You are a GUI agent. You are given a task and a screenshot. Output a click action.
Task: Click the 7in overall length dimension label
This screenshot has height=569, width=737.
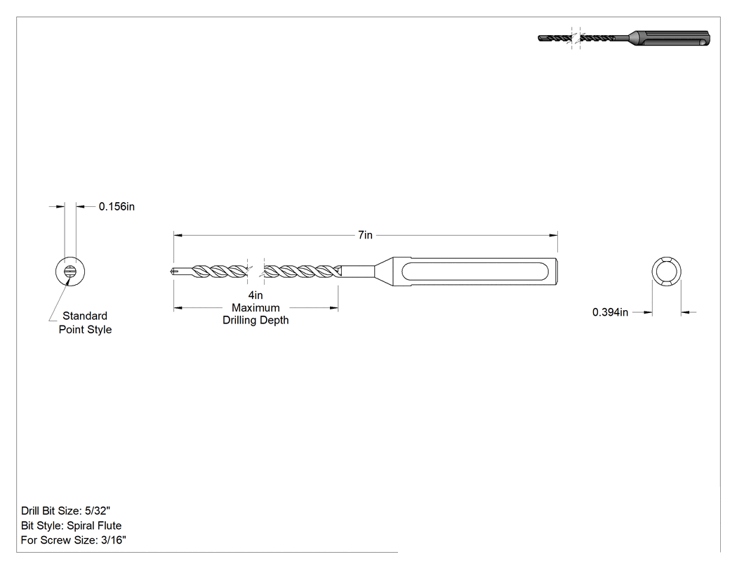click(x=365, y=235)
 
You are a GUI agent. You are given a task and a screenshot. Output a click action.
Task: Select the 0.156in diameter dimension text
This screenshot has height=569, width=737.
click(x=117, y=207)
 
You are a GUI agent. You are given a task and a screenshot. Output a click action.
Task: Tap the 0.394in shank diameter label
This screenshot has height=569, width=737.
click(x=610, y=312)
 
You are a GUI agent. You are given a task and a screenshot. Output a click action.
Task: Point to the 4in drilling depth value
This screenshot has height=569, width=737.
click(x=255, y=295)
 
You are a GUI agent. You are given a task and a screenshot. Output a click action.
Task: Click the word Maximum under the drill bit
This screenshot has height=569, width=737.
click(x=255, y=308)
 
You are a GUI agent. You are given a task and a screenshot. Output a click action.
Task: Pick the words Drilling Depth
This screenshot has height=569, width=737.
click(x=255, y=321)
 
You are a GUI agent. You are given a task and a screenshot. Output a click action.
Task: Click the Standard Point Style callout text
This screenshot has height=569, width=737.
click(x=85, y=322)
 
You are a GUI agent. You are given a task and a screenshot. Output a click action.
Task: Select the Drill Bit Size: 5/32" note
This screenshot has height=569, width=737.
click(x=66, y=511)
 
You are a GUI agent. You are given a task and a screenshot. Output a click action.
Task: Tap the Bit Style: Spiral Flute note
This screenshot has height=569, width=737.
click(x=72, y=526)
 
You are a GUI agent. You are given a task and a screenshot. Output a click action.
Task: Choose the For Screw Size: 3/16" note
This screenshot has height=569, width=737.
click(x=73, y=540)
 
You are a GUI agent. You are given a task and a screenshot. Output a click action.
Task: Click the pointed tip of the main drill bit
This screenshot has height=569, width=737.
click(x=170, y=272)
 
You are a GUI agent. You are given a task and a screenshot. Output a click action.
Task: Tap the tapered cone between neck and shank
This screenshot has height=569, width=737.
click(x=384, y=272)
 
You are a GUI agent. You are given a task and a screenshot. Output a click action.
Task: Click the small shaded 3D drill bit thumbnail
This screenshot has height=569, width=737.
click(x=624, y=39)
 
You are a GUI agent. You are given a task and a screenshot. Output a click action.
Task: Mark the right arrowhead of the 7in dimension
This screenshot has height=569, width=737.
click(x=555, y=235)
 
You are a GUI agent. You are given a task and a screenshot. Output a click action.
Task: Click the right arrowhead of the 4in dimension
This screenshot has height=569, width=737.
click(x=334, y=308)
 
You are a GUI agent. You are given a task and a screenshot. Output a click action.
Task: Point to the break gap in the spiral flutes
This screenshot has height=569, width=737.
click(x=255, y=272)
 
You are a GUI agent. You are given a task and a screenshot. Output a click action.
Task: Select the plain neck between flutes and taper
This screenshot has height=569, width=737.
click(x=357, y=272)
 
